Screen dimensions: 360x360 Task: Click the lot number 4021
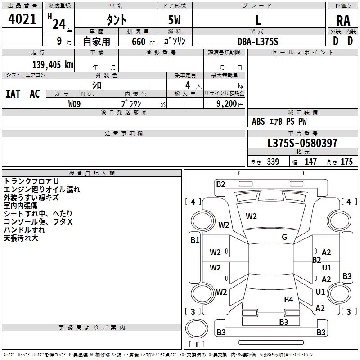[22, 19]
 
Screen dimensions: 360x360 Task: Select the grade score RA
[343, 21]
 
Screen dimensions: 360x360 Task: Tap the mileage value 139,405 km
[53, 65]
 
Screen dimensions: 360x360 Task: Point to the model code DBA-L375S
[258, 41]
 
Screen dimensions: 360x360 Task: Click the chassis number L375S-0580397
[302, 143]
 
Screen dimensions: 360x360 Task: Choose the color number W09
[74, 104]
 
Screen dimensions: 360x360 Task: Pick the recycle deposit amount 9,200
[226, 104]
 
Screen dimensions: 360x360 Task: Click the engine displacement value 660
[139, 41]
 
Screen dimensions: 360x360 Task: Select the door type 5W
[174, 20]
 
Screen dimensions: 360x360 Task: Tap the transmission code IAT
[13, 94]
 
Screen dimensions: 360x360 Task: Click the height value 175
[346, 162]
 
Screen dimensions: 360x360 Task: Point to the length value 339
[273, 162]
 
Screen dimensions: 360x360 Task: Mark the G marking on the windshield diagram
[284, 237]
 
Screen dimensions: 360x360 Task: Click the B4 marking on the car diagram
[288, 299]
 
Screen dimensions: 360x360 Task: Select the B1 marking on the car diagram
[195, 240]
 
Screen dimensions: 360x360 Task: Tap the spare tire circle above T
[197, 328]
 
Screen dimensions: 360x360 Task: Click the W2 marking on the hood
[251, 216]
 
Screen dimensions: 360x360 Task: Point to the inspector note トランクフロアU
[31, 181]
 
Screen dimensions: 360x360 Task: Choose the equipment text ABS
[258, 121]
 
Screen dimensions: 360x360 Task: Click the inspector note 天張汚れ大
[21, 238]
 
